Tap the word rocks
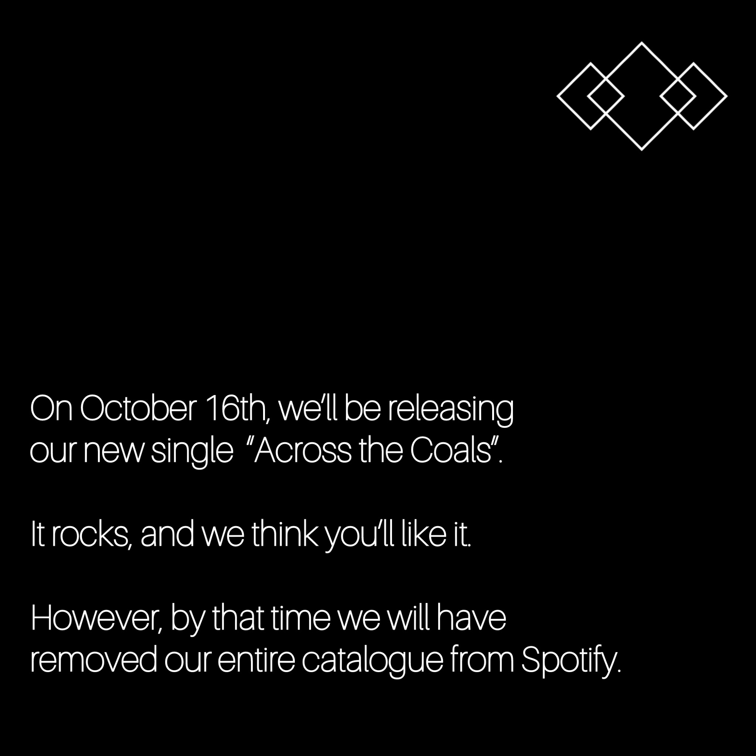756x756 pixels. click(90, 535)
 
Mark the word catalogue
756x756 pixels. click(372, 663)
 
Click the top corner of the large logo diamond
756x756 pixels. click(641, 43)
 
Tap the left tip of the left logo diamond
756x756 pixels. click(558, 96)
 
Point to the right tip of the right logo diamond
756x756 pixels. click(727, 96)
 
